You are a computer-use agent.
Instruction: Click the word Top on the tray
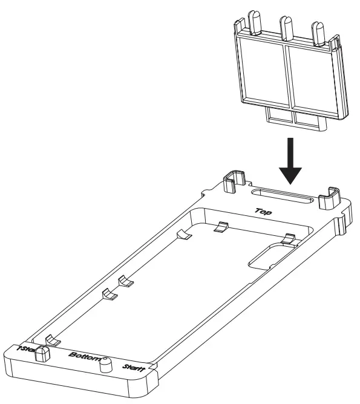(x=263, y=212)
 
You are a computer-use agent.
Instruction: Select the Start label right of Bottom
(x=133, y=367)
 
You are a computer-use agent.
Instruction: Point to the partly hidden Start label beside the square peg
(x=25, y=348)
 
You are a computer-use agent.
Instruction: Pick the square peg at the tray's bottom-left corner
(x=42, y=353)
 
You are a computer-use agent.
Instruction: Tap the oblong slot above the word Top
(x=281, y=198)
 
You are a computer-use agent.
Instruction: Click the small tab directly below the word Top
(x=221, y=227)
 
